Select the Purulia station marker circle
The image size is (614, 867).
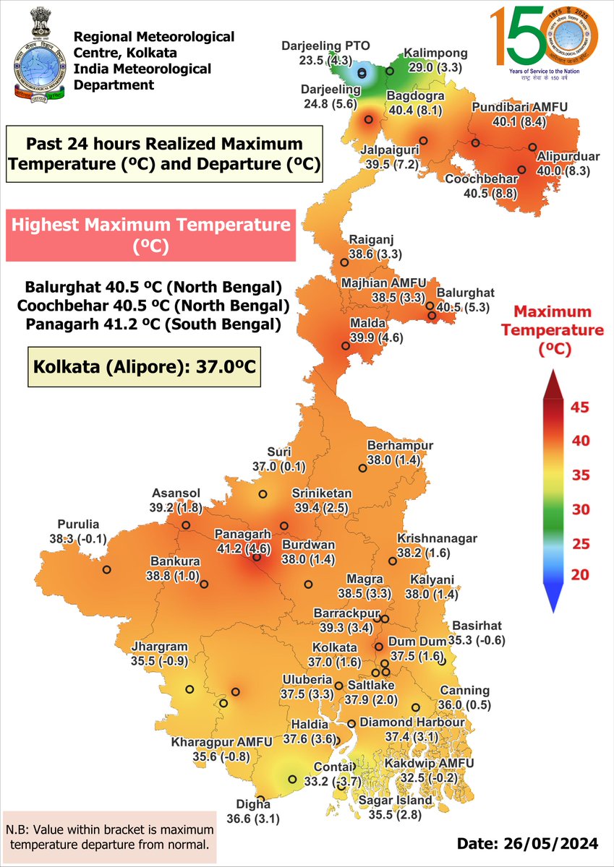pos(107,569)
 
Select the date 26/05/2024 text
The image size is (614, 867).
pos(527,843)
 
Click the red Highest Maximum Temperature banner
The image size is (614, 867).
pos(150,235)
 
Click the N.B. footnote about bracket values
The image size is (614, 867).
pos(110,835)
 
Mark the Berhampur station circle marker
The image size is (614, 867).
pos(362,467)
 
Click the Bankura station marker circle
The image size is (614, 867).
pos(204,584)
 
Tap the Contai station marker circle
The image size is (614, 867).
pos(293,779)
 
